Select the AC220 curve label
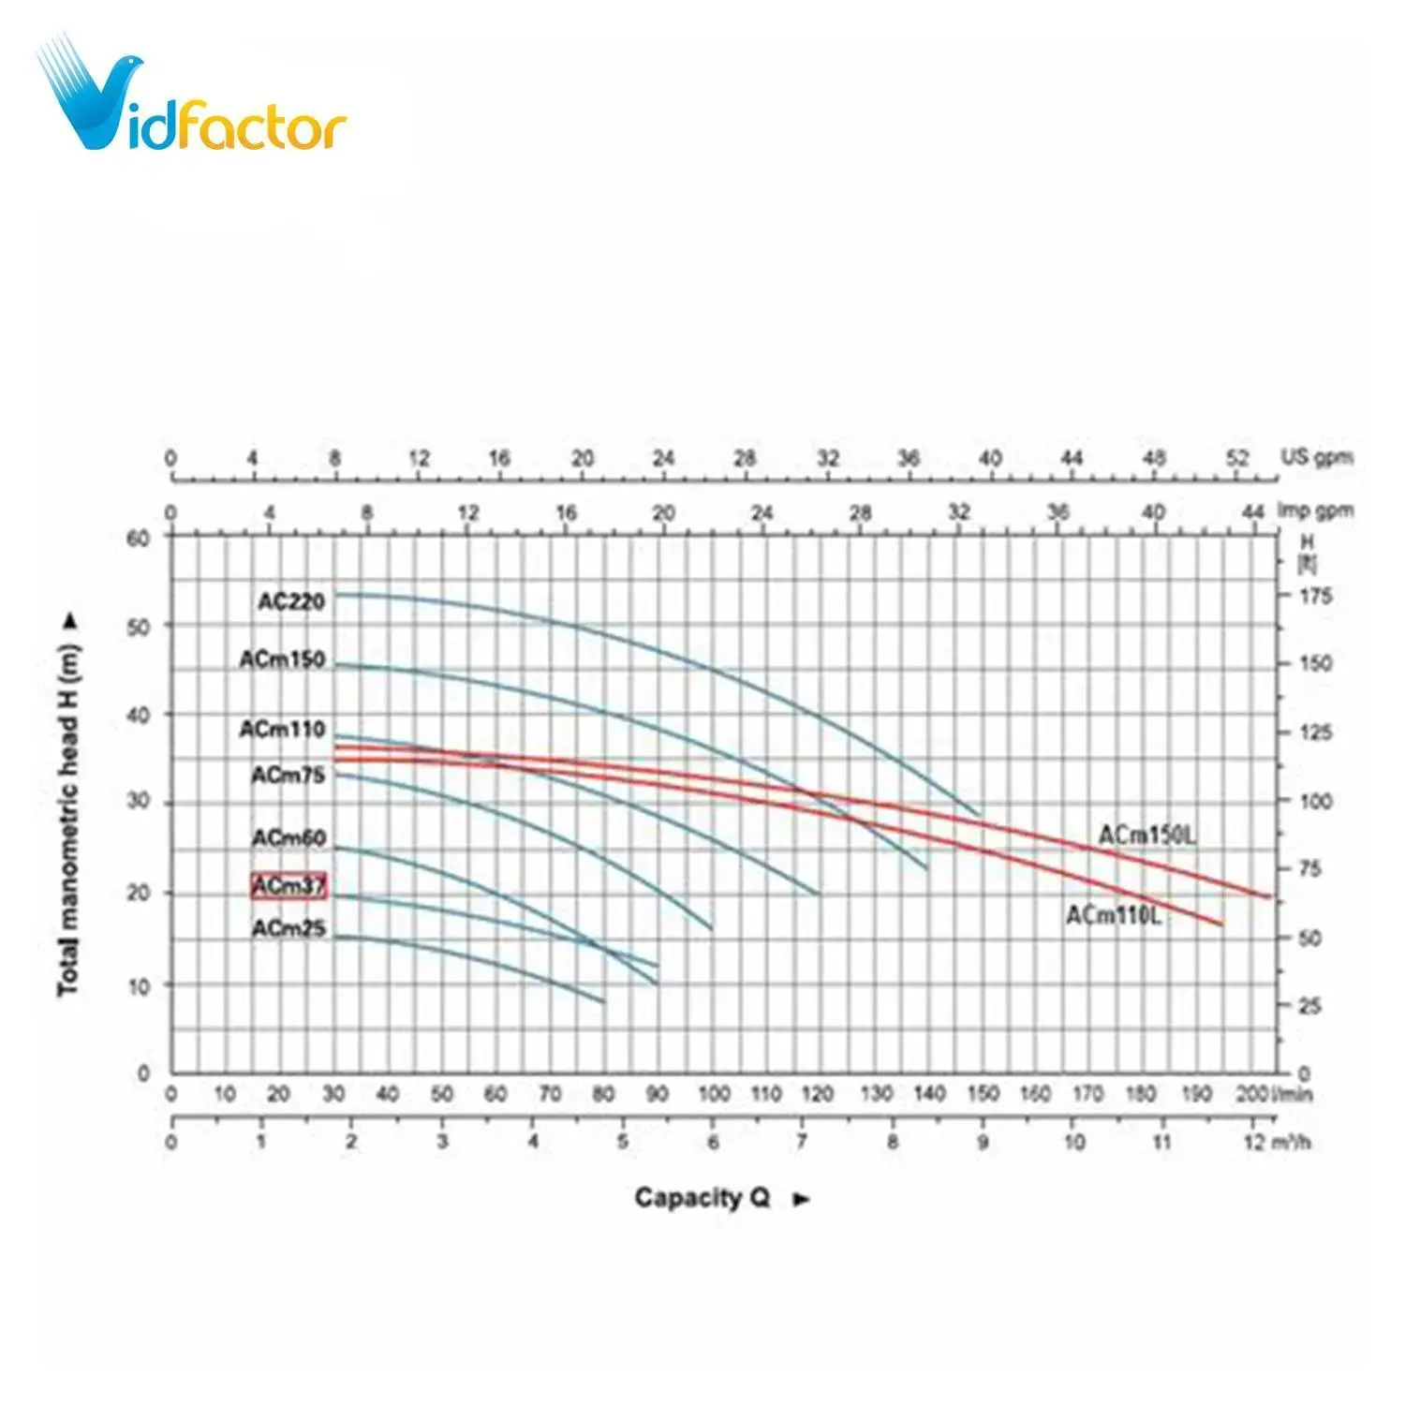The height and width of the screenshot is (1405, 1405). tap(291, 601)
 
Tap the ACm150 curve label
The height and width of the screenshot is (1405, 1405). tap(282, 659)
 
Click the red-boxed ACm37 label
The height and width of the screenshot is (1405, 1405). tap(288, 885)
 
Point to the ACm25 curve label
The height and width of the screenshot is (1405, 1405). tap(288, 928)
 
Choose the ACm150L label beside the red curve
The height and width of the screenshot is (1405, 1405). tap(1146, 835)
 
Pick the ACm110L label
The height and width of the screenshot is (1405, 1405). tap(1113, 915)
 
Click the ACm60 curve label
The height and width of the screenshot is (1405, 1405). tap(288, 837)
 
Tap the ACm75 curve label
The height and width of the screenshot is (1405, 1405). tap(288, 775)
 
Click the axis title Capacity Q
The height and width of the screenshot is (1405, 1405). tap(702, 1197)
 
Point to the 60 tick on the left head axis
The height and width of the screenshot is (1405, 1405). tap(138, 538)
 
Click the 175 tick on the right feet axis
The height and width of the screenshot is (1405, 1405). tap(1315, 596)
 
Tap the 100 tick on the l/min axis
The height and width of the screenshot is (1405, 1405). tap(714, 1093)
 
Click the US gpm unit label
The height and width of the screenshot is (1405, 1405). tap(1316, 458)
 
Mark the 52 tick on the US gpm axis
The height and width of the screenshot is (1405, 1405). tap(1238, 458)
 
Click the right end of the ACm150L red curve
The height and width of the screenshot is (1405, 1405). tap(1270, 897)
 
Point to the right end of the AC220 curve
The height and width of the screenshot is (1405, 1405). tap(981, 815)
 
